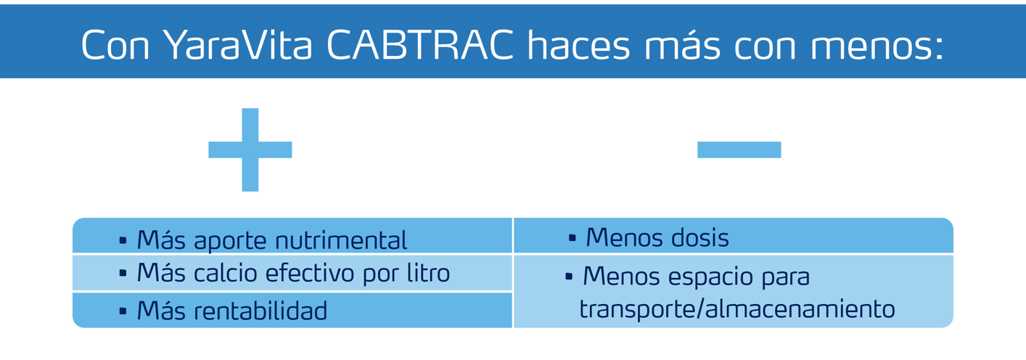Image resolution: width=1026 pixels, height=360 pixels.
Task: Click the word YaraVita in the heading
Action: tap(238, 45)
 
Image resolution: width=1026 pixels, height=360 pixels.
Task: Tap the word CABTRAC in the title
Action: tap(420, 45)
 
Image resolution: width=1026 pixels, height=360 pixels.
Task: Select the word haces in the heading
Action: tap(579, 45)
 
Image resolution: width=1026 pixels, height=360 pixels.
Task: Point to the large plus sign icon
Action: tap(250, 150)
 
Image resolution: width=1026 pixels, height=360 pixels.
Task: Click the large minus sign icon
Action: tap(739, 150)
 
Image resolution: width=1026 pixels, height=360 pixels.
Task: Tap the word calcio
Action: tap(226, 274)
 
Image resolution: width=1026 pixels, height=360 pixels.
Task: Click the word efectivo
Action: tap(310, 274)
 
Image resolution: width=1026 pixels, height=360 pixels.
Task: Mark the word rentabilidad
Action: tap(260, 311)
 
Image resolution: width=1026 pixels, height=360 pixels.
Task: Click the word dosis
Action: tap(699, 238)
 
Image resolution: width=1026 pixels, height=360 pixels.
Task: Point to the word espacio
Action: tap(710, 278)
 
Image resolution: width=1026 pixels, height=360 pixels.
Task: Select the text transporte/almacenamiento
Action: tap(737, 308)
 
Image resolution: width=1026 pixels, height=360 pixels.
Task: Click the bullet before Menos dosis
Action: tap(572, 238)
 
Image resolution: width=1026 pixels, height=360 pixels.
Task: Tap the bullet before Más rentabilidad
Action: tap(123, 311)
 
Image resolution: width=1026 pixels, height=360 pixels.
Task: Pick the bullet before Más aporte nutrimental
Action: tap(123, 240)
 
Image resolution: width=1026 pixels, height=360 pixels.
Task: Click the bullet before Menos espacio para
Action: tap(569, 277)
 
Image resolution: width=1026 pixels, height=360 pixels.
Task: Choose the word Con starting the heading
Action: tap(115, 45)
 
